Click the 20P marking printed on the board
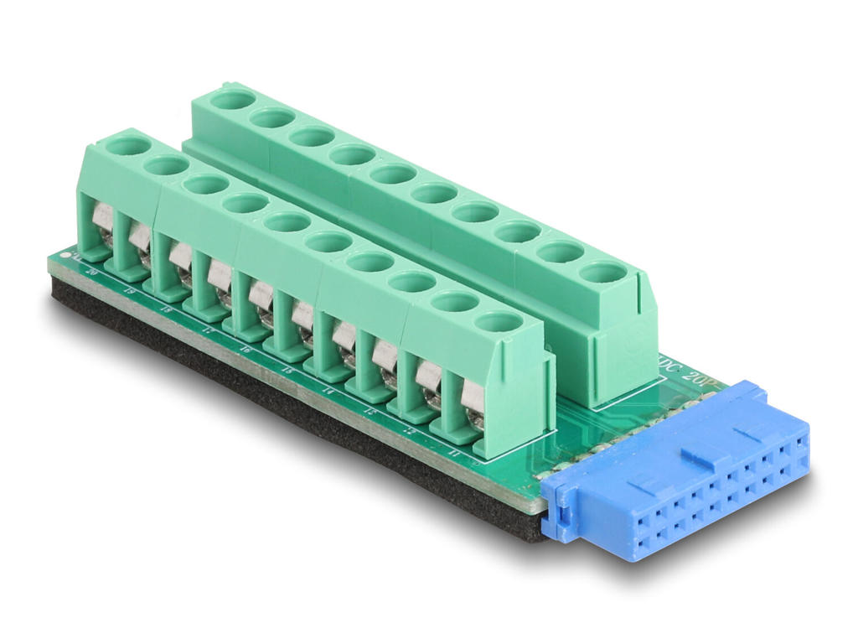pyautogui.click(x=695, y=375)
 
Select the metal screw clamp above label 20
pyautogui.click(x=101, y=220)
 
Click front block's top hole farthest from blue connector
pyautogui.click(x=127, y=146)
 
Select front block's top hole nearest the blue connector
pyautogui.click(x=499, y=321)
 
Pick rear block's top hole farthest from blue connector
pyautogui.click(x=231, y=100)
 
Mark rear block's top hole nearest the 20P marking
pyautogui.click(x=602, y=272)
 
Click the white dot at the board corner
pyautogui.click(x=75, y=255)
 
